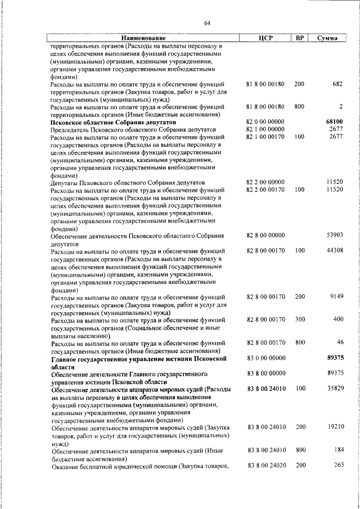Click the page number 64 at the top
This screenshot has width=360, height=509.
[x=207, y=23]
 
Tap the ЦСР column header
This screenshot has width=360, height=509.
[x=265, y=38]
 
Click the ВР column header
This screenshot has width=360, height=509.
[x=300, y=38]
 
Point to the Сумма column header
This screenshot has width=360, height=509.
[x=327, y=38]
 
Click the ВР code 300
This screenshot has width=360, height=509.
[x=299, y=319]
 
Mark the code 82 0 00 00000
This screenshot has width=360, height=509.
[x=265, y=121]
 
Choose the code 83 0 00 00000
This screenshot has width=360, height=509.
[x=265, y=357]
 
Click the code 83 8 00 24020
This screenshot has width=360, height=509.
[x=265, y=465]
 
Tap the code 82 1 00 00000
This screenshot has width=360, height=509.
[x=265, y=129]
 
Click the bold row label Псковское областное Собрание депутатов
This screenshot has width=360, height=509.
[x=113, y=121]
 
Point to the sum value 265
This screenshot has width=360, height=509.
[x=337, y=465]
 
